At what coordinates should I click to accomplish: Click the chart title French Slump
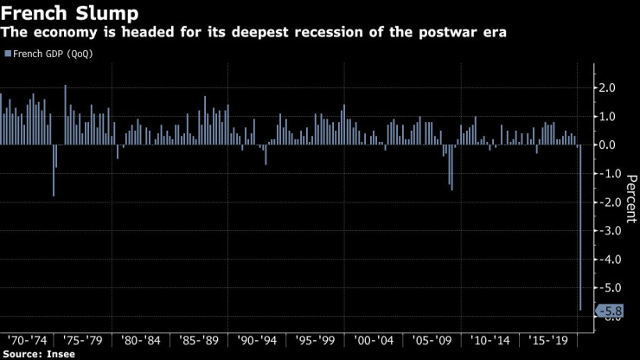[x=63, y=13]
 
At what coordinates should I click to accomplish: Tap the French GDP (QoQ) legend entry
[x=51, y=54]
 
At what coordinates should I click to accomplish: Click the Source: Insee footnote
[x=39, y=354]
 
